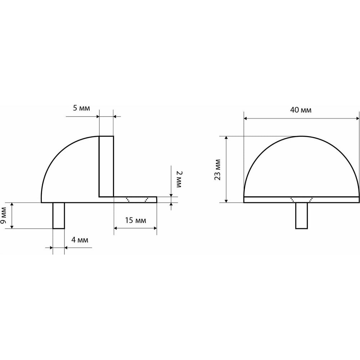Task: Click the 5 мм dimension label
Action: (x=81, y=108)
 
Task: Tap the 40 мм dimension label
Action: (x=301, y=110)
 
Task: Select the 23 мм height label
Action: (x=217, y=170)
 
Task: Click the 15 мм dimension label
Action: (x=135, y=220)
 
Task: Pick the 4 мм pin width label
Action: (x=80, y=240)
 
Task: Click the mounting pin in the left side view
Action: (x=59, y=216)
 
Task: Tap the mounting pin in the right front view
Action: (x=301, y=216)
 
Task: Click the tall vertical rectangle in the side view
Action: (x=106, y=166)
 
